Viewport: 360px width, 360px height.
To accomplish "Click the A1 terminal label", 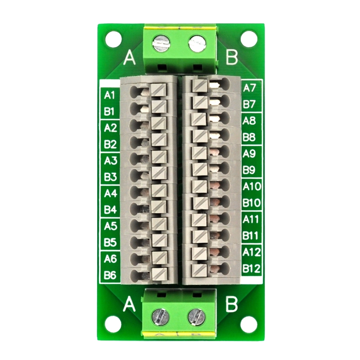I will [110, 95].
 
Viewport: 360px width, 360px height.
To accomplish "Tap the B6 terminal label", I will [110, 274].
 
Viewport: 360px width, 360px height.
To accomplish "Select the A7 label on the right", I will [249, 88].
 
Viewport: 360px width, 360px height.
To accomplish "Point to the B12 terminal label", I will [251, 269].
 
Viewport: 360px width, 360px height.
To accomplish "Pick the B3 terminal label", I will [110, 177].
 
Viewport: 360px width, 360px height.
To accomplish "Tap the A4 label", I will [110, 193].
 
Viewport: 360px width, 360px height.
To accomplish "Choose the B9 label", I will [249, 170].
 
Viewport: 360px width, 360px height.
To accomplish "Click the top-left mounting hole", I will [112, 38].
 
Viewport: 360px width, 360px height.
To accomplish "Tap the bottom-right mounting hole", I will [247, 322].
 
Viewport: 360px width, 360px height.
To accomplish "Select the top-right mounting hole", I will [247, 38].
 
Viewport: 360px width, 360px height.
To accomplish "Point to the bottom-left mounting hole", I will [112, 322].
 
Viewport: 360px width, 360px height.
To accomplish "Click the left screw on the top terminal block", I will [161, 45].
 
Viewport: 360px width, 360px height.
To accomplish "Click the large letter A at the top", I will [130, 58].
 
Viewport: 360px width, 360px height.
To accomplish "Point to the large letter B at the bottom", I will [231, 305].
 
